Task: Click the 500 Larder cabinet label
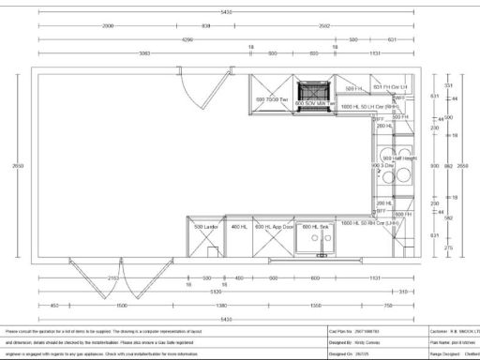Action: point(205,227)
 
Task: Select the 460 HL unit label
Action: point(238,227)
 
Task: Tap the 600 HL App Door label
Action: point(276,227)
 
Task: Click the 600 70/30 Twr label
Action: point(273,99)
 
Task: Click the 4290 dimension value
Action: point(187,40)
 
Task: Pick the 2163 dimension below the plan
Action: point(113,278)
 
